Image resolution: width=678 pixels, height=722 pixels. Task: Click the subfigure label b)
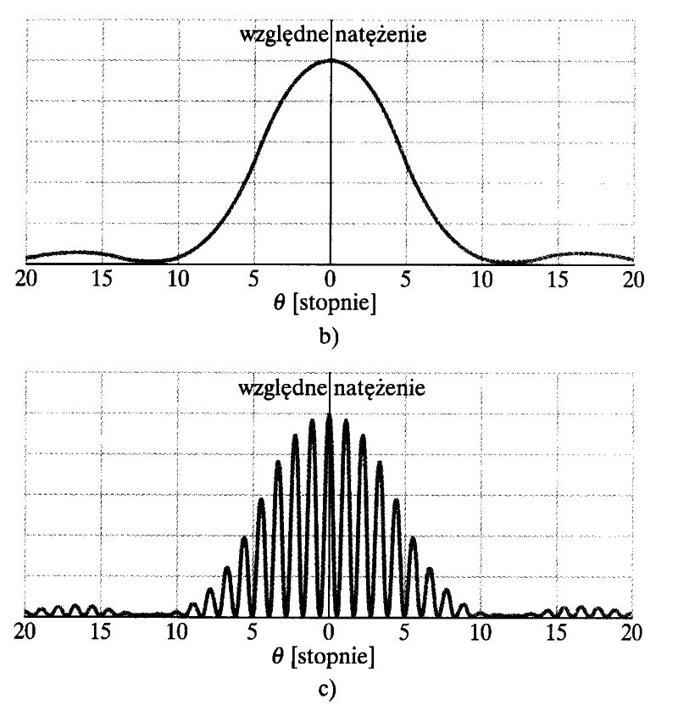[330, 336]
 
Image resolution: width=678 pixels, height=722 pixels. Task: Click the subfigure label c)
[328, 690]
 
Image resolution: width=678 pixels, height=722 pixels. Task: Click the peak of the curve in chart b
[331, 60]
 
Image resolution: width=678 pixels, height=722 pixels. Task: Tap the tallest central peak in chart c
[329, 416]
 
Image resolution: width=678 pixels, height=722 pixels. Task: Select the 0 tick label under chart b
[331, 279]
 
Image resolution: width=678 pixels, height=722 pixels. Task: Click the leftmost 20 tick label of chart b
[27, 279]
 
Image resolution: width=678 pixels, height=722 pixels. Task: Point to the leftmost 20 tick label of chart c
[26, 631]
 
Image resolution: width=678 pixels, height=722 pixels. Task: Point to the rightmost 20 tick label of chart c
[631, 631]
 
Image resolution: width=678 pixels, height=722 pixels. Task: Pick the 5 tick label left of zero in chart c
[252, 631]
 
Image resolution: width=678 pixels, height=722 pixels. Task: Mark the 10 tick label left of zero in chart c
[177, 631]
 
